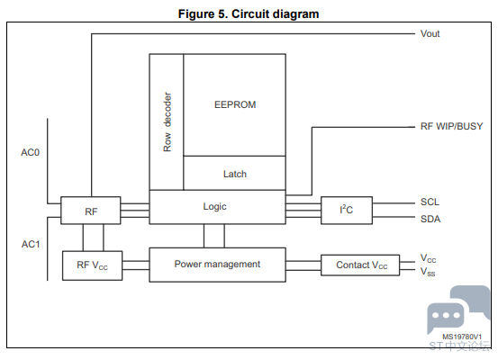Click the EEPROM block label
[x=235, y=104]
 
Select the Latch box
[x=234, y=173]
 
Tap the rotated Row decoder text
[x=168, y=121]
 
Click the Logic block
[x=218, y=207]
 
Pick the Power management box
[x=218, y=265]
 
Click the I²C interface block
[x=347, y=211]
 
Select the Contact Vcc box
[x=360, y=265]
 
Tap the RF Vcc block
[x=93, y=265]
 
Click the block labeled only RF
[x=91, y=211]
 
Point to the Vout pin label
[x=430, y=33]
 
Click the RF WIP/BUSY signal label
[x=451, y=126]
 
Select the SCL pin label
[x=430, y=202]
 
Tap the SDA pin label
[x=430, y=219]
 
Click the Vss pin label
[x=428, y=272]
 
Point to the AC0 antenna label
[x=31, y=153]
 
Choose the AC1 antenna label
[x=31, y=244]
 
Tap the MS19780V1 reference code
[x=462, y=337]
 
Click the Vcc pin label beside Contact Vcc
[x=428, y=258]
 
